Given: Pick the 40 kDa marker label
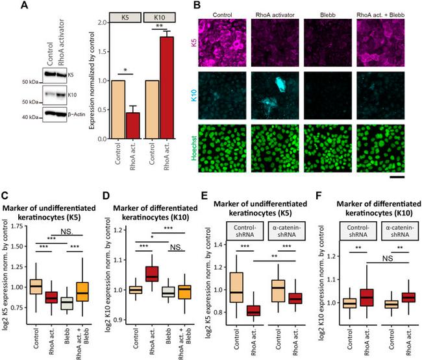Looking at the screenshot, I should [x=31, y=117].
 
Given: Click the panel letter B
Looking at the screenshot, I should [x=197, y=6].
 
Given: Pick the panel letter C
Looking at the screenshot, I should [x=6, y=195].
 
